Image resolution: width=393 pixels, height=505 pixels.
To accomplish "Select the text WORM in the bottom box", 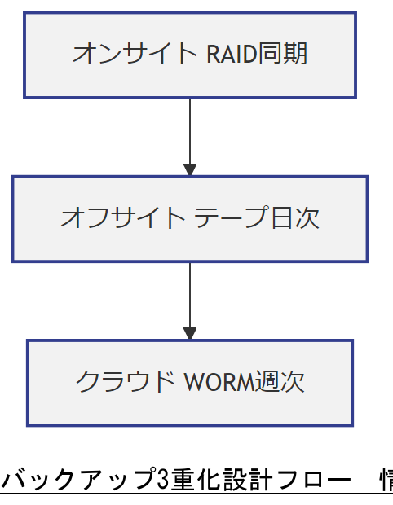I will [x=219, y=382].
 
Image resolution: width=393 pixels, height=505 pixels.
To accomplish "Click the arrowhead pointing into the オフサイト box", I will [x=190, y=170].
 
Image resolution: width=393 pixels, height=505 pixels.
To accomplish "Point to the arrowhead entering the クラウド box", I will [x=190, y=334].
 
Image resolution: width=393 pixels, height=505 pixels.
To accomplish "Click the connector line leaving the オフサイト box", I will [x=190, y=293].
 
